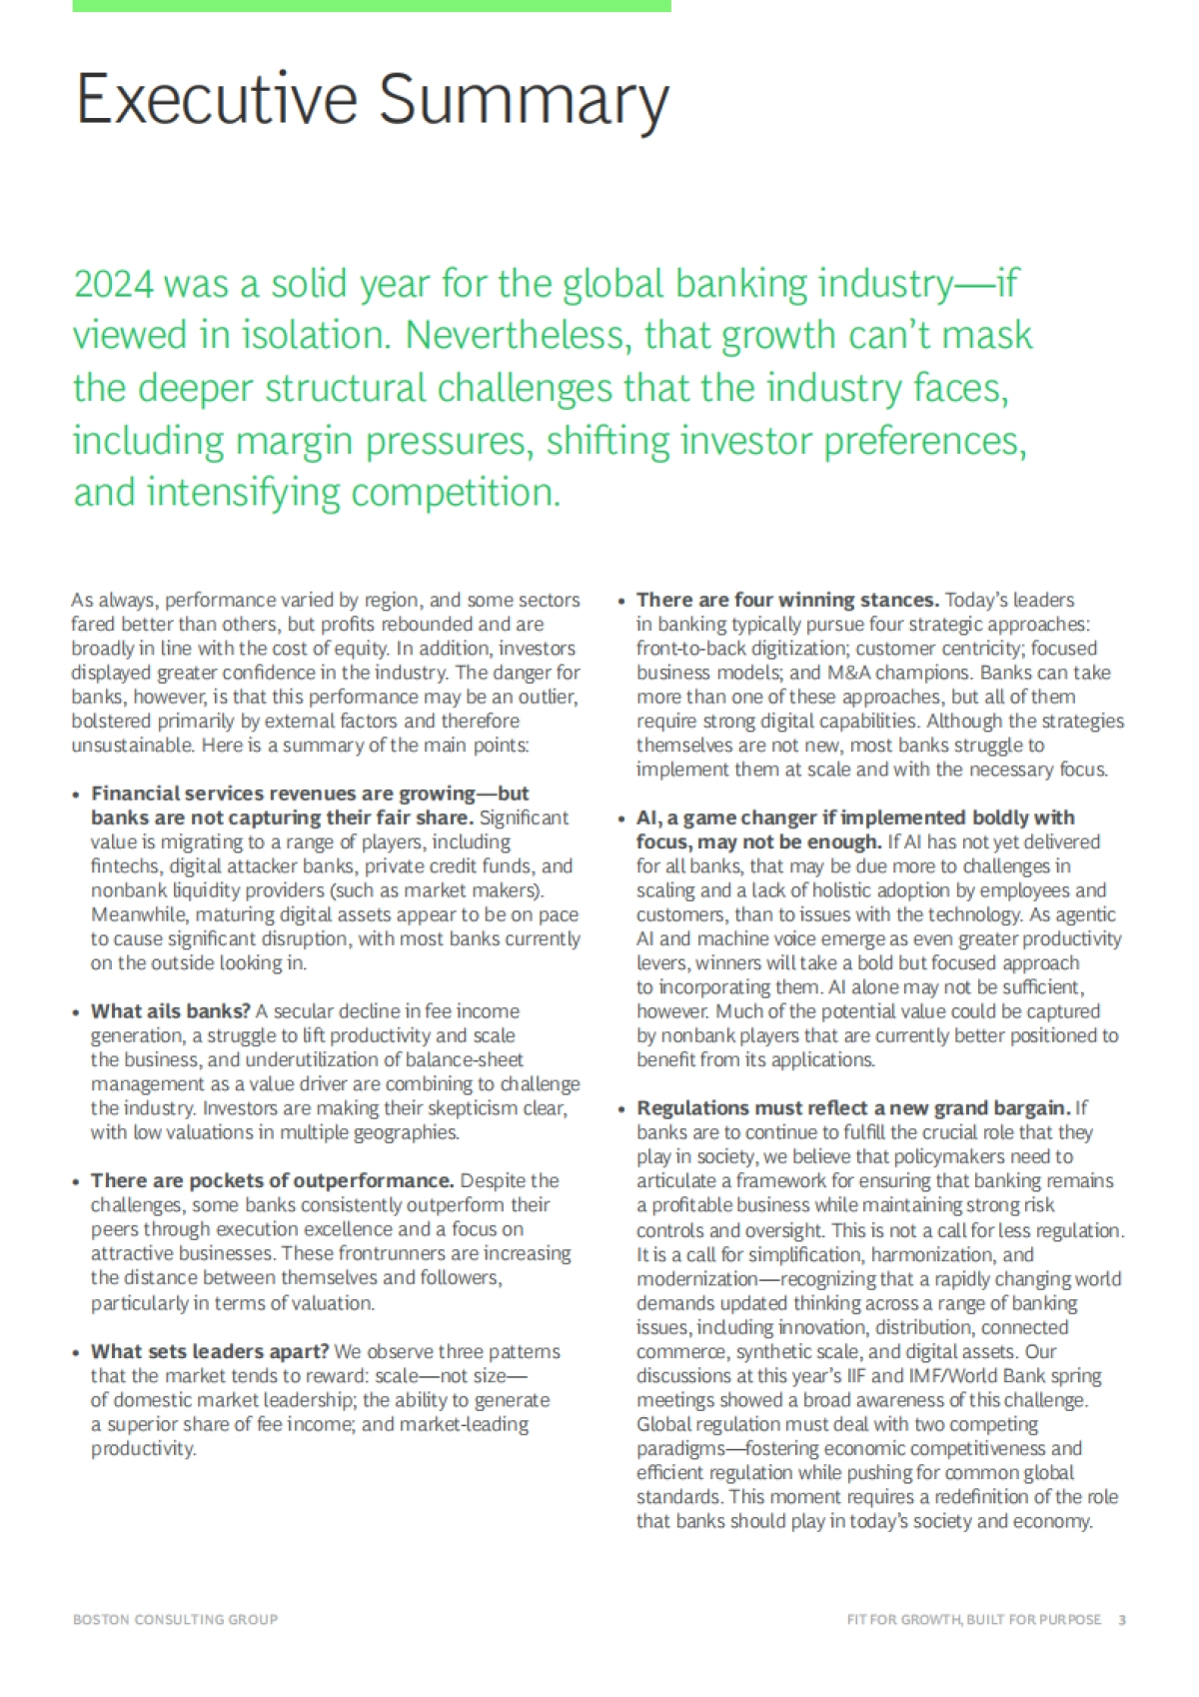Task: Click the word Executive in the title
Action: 216,99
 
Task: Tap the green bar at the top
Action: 372,6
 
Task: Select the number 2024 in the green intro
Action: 114,285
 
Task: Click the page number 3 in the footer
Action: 1122,1619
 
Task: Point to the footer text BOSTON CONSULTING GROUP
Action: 175,1619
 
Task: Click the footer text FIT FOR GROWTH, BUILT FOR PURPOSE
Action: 973,1619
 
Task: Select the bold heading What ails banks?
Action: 171,1011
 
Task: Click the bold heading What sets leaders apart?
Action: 210,1351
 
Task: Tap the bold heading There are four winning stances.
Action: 787,600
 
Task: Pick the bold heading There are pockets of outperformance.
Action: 273,1180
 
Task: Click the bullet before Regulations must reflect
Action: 622,1109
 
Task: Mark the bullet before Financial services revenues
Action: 77,795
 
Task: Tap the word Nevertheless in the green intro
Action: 516,336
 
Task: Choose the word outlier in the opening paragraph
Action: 548,697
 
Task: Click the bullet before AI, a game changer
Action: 622,820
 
